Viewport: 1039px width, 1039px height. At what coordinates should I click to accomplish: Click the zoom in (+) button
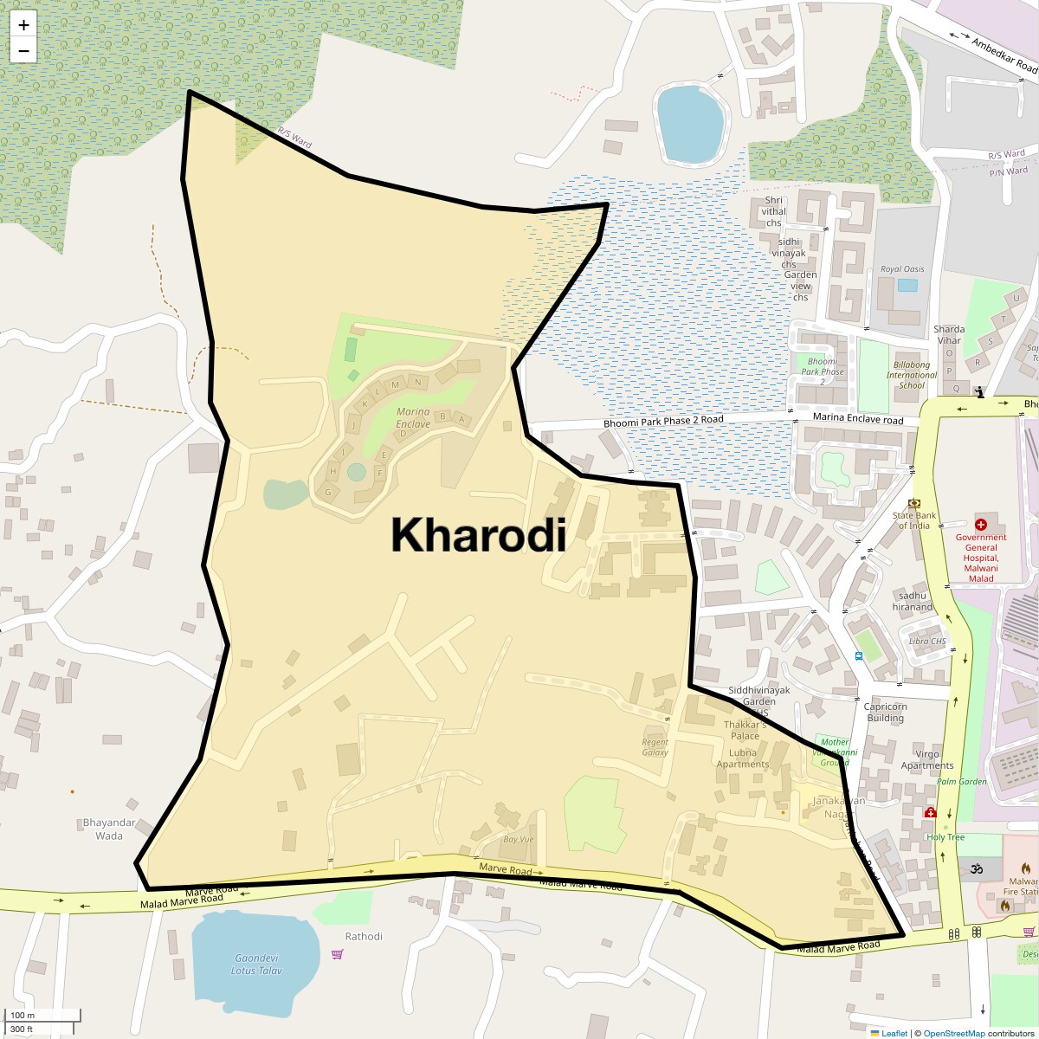[x=23, y=25]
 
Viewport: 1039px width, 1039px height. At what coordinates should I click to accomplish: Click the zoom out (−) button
[x=23, y=51]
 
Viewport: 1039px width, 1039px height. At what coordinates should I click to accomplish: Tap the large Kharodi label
[x=478, y=535]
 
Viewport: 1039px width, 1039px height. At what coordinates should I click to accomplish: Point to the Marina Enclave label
[x=413, y=418]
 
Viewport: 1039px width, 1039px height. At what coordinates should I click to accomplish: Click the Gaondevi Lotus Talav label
[x=256, y=964]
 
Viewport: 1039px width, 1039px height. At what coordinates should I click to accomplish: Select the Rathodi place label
[x=364, y=936]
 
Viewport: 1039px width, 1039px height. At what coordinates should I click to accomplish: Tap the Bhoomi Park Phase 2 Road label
[x=663, y=420]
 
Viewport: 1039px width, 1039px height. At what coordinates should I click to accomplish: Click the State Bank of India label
[x=914, y=520]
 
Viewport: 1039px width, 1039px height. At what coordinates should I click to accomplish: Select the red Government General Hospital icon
[x=981, y=525]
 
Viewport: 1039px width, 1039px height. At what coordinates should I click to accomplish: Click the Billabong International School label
[x=911, y=375]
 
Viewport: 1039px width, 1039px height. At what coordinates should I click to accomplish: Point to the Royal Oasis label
[x=902, y=269]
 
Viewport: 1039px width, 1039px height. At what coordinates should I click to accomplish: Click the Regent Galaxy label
[x=655, y=747]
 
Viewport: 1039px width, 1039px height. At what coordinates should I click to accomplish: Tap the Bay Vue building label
[x=518, y=839]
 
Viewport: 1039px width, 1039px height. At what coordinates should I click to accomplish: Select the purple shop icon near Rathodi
[x=337, y=954]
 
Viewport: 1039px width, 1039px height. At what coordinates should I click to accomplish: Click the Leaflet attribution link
[x=894, y=1033]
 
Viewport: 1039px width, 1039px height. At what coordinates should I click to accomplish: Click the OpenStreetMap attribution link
[x=953, y=1033]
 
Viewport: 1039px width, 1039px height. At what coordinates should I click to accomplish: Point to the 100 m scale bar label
[x=23, y=1016]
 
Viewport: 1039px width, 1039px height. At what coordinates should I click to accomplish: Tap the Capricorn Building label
[x=885, y=712]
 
